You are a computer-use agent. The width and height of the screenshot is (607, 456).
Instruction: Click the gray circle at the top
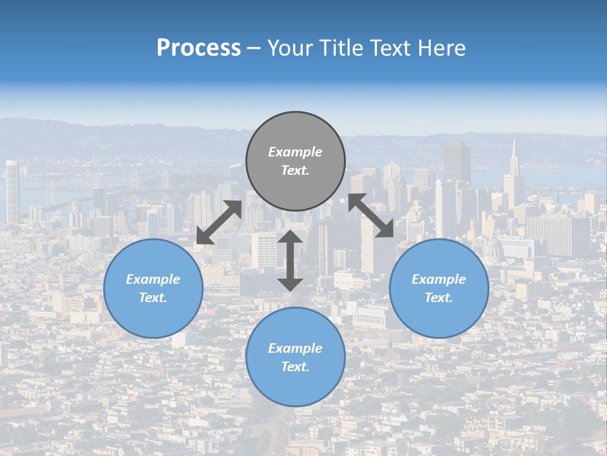click(295, 161)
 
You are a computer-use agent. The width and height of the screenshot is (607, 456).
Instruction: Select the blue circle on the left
click(153, 288)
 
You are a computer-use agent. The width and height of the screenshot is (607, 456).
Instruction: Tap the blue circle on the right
click(439, 288)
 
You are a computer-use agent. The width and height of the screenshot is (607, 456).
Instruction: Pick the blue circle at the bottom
click(295, 357)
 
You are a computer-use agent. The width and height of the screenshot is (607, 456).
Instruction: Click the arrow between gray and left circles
click(219, 222)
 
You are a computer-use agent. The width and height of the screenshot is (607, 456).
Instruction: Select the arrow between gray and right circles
click(371, 215)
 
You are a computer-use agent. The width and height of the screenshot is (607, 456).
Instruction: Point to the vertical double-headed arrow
click(290, 260)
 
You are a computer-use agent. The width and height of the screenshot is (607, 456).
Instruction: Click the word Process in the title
click(199, 48)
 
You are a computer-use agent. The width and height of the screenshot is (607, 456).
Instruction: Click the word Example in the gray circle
click(295, 152)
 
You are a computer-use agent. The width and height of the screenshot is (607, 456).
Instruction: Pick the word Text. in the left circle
click(153, 298)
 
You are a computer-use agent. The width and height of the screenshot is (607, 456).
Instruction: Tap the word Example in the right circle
click(439, 279)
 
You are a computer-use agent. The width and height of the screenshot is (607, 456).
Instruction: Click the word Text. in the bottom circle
click(295, 367)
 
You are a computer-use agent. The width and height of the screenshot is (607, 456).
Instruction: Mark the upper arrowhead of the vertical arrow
click(290, 237)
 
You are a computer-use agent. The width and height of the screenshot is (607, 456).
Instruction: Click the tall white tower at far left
click(12, 190)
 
